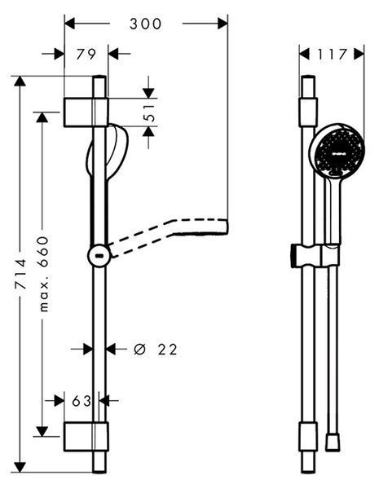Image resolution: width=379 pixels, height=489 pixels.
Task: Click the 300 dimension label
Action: tap(145, 24)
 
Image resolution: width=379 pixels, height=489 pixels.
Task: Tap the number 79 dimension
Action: tap(86, 54)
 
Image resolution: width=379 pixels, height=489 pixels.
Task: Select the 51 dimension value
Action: tap(150, 112)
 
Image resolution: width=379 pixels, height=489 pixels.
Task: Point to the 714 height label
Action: tap(20, 273)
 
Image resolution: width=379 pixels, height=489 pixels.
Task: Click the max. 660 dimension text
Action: tap(44, 274)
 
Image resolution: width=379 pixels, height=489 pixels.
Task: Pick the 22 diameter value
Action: tap(167, 350)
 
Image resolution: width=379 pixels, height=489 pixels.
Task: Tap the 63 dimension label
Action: tap(82, 401)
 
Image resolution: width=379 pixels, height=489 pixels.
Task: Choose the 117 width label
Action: tap(332, 55)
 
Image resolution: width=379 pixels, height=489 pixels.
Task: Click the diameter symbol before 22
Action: tap(139, 350)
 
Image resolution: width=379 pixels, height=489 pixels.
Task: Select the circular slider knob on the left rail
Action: tap(99, 256)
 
